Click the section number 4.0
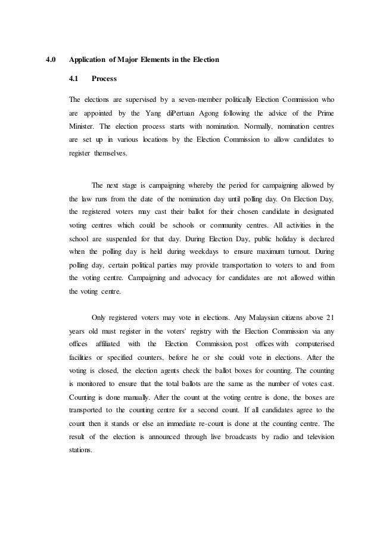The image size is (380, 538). pos(51,60)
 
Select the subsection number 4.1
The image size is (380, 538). pos(75,79)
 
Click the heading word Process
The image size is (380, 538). pos(104,79)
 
